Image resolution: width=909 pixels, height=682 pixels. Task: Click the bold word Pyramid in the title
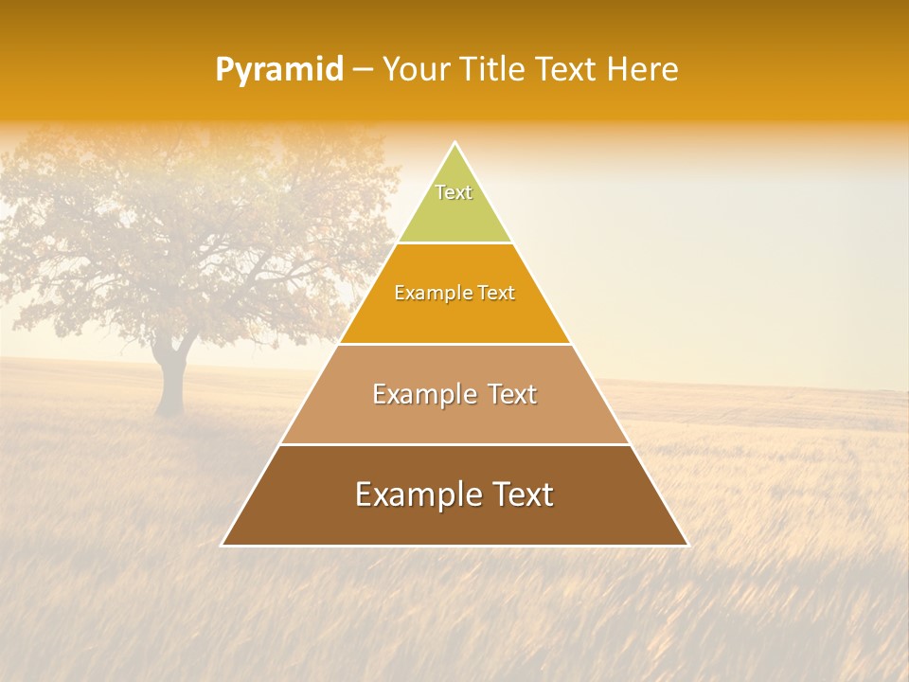coord(278,70)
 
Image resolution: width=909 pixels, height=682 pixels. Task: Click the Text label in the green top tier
coord(454,192)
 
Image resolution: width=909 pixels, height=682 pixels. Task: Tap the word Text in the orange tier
coord(496,294)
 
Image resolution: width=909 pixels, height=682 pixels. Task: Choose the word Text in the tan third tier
coord(511,394)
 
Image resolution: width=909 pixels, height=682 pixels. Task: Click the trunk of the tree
coord(171,384)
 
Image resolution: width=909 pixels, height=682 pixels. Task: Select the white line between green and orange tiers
coord(454,243)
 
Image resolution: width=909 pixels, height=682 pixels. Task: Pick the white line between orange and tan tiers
coord(454,344)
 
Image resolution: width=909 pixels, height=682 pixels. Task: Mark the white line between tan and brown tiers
coord(454,444)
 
